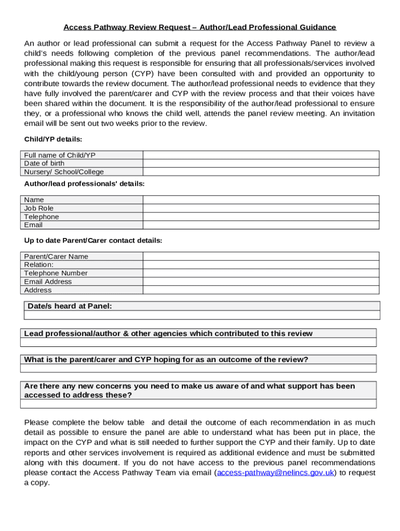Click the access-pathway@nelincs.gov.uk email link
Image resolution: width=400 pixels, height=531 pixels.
pos(275,472)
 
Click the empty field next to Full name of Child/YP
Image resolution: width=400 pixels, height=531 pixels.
pos(261,155)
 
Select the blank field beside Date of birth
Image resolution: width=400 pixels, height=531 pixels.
pos(261,163)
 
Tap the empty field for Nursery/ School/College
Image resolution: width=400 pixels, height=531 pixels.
pos(261,172)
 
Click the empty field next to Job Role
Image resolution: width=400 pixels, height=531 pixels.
pos(261,208)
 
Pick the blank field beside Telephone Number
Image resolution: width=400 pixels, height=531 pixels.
pos(261,273)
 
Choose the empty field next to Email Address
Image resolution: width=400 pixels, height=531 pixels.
pos(261,282)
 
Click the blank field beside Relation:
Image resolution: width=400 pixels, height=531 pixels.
pos(261,264)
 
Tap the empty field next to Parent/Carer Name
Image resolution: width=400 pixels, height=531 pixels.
pos(261,256)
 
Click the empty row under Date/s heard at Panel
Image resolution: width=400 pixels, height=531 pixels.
pos(202,315)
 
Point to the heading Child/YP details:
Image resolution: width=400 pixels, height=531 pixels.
pos(53,139)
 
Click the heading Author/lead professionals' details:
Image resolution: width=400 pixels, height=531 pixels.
pos(84,184)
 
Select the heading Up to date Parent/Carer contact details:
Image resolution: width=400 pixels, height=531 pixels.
pos(93,241)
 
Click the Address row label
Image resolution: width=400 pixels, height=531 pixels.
pos(38,290)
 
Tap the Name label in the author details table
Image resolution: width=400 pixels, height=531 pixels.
pos(34,200)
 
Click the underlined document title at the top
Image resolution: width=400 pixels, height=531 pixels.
pos(199,27)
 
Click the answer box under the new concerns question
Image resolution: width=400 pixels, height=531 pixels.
pos(198,404)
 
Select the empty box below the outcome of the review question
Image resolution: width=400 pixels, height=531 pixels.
pos(198,369)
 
